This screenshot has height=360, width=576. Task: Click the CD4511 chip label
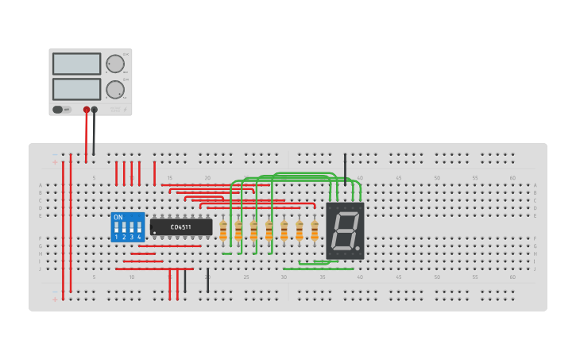coord(181,227)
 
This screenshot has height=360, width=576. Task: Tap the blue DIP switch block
coord(128,226)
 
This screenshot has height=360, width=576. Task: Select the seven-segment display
coord(345,230)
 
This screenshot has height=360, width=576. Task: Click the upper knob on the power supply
coord(115,64)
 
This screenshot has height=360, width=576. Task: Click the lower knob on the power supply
coord(115,89)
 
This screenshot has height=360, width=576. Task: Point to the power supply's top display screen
coord(77,64)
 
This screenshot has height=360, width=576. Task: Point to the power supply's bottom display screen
coord(77,88)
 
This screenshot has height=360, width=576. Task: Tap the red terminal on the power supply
coord(87,110)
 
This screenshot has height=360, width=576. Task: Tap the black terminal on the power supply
coord(95,110)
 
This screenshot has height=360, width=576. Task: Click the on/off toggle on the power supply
coord(58,110)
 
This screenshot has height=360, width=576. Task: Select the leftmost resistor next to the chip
coord(223,230)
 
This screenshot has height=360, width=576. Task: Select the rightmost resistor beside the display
coord(315,230)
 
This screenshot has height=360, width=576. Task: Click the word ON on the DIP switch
coord(118,217)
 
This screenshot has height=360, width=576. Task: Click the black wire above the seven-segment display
coord(345,168)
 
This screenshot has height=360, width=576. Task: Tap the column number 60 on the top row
coord(512,178)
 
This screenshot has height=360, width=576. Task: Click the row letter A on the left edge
coord(41,185)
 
